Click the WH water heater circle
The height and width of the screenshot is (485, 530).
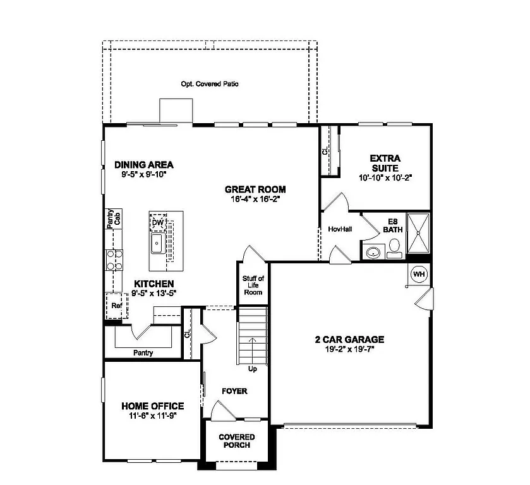tap(419, 274)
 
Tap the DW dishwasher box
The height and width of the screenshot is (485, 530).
tap(157, 224)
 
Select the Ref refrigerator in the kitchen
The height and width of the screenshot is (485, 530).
tap(116, 306)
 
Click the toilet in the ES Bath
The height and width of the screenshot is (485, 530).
tap(395, 251)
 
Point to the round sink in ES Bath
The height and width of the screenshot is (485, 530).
tap(373, 253)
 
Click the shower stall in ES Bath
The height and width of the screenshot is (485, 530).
tap(418, 234)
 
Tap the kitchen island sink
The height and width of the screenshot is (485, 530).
tap(156, 245)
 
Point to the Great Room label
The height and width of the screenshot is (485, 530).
tap(255, 189)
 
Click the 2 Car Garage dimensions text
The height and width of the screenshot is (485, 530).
tap(349, 349)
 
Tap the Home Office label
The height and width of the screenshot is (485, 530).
tap(153, 406)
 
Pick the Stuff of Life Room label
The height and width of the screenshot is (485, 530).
tap(253, 285)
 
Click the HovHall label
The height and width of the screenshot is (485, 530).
tap(340, 229)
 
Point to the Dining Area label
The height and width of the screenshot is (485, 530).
tap(143, 165)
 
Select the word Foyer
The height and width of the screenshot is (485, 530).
tap(234, 391)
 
